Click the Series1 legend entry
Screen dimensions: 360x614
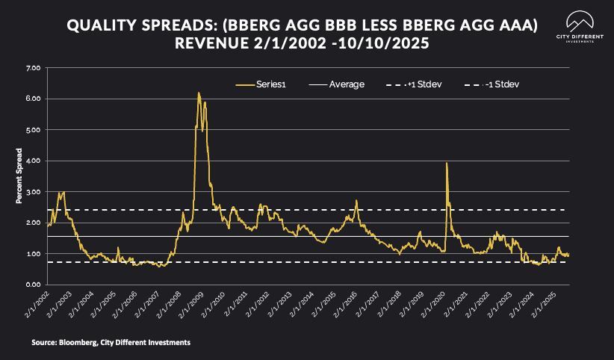coord(262,84)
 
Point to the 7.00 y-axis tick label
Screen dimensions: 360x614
coord(33,68)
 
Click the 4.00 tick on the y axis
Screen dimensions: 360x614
coord(33,161)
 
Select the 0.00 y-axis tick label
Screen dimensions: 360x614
coord(33,285)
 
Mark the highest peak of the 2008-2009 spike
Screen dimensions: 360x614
coord(199,93)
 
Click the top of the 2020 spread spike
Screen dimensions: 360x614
coord(447,163)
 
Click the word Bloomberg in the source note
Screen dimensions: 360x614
coord(71,342)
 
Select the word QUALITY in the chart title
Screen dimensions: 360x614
coord(99,26)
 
